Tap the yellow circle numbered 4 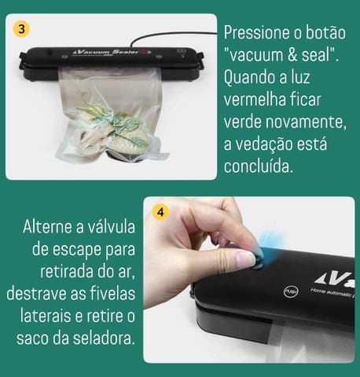(160, 212)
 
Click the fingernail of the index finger (245, 258)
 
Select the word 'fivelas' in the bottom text (108, 294)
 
